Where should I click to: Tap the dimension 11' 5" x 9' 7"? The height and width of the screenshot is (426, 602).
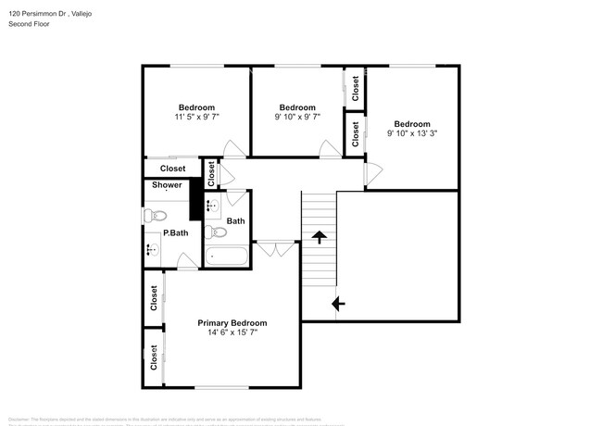pyautogui.click(x=196, y=118)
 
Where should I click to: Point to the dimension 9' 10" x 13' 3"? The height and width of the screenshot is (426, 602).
pyautogui.click(x=412, y=133)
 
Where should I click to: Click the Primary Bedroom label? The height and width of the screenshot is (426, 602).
pyautogui.click(x=232, y=323)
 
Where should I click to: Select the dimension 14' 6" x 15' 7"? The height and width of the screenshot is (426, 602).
pyautogui.click(x=232, y=332)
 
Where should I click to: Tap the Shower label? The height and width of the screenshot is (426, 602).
pyautogui.click(x=168, y=185)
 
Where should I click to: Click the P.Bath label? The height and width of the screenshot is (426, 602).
pyautogui.click(x=176, y=232)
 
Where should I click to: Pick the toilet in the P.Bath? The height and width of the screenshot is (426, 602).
pyautogui.click(x=153, y=216)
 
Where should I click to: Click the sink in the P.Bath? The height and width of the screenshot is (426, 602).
pyautogui.click(x=151, y=248)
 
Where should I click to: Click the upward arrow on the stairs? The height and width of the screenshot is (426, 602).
pyautogui.click(x=320, y=237)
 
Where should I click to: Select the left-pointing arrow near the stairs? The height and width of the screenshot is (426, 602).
pyautogui.click(x=338, y=302)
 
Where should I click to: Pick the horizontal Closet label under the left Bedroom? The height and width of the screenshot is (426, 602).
pyautogui.click(x=172, y=169)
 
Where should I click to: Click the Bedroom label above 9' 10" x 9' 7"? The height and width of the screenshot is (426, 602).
pyautogui.click(x=297, y=107)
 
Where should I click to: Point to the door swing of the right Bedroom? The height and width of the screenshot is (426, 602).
pyautogui.click(x=374, y=172)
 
